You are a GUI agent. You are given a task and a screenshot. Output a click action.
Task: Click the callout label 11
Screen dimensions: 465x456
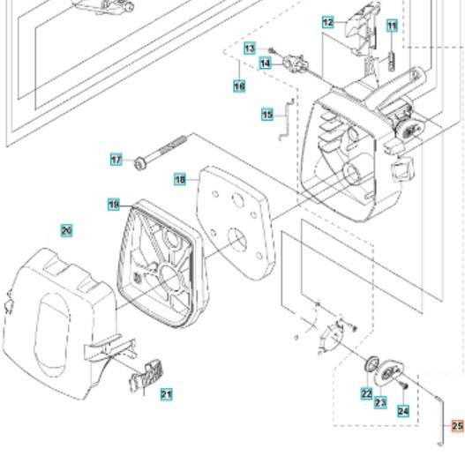392,26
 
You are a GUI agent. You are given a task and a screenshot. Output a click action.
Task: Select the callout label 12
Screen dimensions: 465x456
328,23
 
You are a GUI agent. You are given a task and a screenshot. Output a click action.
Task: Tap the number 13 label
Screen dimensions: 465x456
250,48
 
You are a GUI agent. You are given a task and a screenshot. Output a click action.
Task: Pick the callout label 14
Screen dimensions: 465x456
265,64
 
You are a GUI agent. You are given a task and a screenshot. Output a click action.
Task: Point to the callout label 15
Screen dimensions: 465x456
267,115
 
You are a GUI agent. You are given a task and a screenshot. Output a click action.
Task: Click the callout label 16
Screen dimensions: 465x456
239,86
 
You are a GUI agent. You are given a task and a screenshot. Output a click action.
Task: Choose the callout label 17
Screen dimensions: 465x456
116,160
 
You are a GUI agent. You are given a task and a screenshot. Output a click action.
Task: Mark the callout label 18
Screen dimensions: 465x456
180,180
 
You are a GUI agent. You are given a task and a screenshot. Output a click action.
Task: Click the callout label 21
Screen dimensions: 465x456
167,394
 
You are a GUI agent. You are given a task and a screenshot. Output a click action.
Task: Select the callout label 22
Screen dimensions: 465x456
367,393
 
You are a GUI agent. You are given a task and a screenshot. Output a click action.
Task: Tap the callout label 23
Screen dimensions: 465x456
380,402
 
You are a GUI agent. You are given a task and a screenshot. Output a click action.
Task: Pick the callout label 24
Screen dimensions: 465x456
403,411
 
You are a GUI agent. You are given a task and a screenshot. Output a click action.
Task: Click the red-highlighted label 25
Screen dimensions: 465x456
458,426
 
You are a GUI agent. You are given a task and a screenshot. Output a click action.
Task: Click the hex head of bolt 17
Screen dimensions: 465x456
139,164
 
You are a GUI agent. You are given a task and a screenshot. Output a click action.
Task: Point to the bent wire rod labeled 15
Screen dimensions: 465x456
286,119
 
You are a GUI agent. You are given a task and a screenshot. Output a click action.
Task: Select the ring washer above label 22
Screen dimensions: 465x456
371,363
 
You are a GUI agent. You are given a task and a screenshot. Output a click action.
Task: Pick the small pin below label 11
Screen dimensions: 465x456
392,61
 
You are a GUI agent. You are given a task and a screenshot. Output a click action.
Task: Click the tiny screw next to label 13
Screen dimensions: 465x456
271,51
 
